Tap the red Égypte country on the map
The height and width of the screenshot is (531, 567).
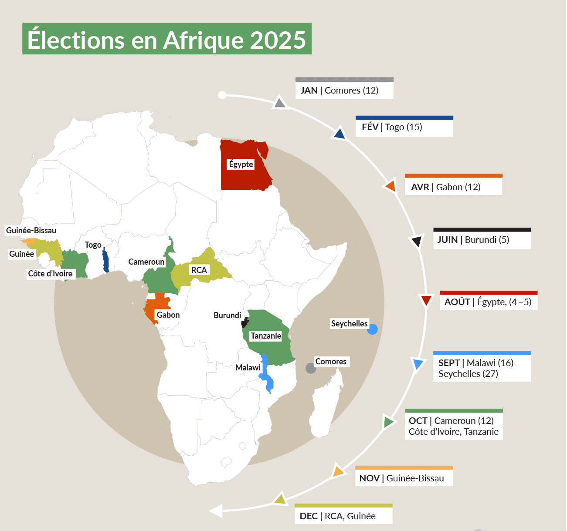(244, 176)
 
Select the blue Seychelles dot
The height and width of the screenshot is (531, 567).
(372, 329)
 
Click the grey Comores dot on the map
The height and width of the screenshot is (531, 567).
(311, 368)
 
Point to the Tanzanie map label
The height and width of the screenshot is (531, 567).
(266, 336)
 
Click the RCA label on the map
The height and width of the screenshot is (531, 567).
(199, 270)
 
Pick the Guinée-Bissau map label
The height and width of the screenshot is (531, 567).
(31, 230)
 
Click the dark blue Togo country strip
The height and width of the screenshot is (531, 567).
(105, 261)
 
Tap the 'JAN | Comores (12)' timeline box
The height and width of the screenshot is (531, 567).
(344, 90)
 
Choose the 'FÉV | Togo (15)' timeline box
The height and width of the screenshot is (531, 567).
(404, 127)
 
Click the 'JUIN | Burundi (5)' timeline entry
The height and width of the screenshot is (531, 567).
(482, 239)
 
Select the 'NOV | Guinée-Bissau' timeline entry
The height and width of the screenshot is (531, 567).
(404, 478)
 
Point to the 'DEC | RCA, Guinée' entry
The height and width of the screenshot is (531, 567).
(343, 516)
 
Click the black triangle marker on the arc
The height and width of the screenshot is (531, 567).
(417, 241)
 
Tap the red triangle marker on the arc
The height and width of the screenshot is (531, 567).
(426, 300)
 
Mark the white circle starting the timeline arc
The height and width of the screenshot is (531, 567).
(222, 95)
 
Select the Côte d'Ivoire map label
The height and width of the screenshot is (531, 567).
(51, 273)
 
